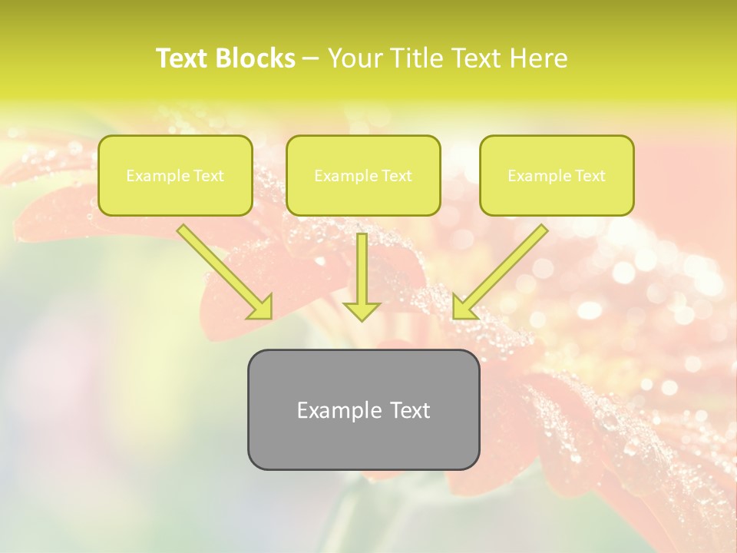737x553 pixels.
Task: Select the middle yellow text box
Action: pos(363,196)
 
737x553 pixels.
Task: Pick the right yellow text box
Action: pos(557,196)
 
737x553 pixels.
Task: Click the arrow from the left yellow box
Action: pos(223,270)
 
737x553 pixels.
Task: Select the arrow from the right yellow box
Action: pos(503,269)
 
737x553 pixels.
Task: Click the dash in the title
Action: pos(311,58)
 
